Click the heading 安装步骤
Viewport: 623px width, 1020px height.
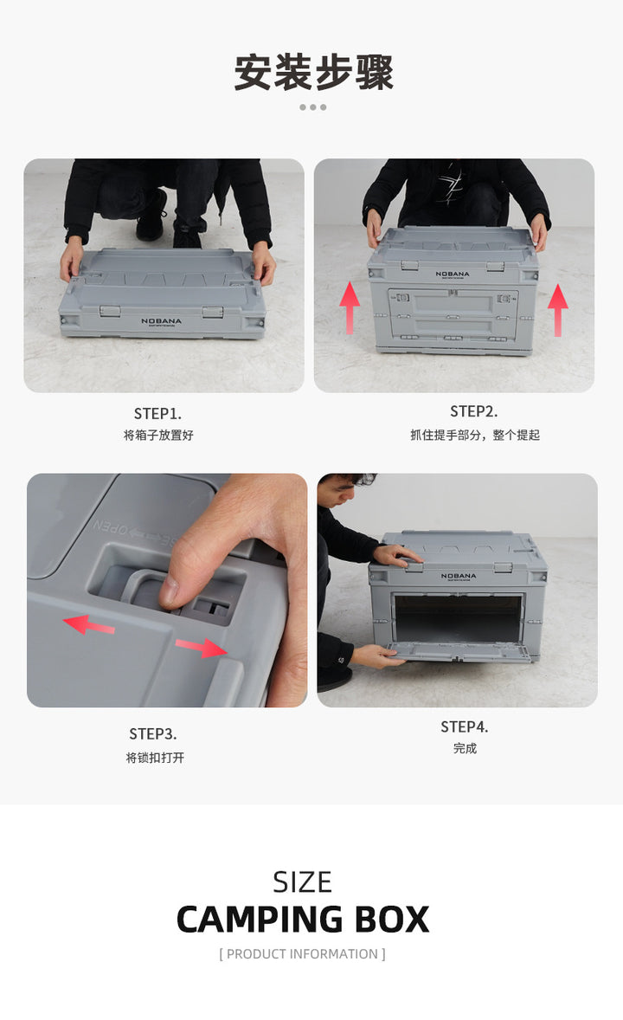[x=313, y=72]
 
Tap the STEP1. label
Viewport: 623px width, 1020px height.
[x=157, y=414]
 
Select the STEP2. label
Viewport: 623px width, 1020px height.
[x=473, y=412]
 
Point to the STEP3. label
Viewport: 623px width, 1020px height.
[x=153, y=733]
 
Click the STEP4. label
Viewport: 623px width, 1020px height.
[x=465, y=726]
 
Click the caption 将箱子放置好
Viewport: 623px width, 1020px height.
[x=158, y=436]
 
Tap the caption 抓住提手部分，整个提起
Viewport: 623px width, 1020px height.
[x=475, y=436]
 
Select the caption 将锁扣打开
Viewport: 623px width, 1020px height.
[x=155, y=757]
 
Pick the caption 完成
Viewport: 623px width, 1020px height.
[x=465, y=749]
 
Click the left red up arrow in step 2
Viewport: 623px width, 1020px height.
[x=350, y=307]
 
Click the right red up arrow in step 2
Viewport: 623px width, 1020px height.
[x=557, y=310]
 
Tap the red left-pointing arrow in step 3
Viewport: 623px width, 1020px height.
[x=88, y=625]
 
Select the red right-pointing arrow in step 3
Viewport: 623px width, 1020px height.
[x=202, y=648]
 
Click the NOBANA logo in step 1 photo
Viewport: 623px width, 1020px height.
[x=161, y=321]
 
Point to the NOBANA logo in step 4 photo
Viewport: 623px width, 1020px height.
[x=459, y=577]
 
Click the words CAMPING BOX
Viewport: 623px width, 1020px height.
[x=302, y=920]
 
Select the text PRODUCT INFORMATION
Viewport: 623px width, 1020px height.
[x=302, y=953]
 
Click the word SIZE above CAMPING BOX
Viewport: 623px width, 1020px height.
[x=302, y=882]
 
